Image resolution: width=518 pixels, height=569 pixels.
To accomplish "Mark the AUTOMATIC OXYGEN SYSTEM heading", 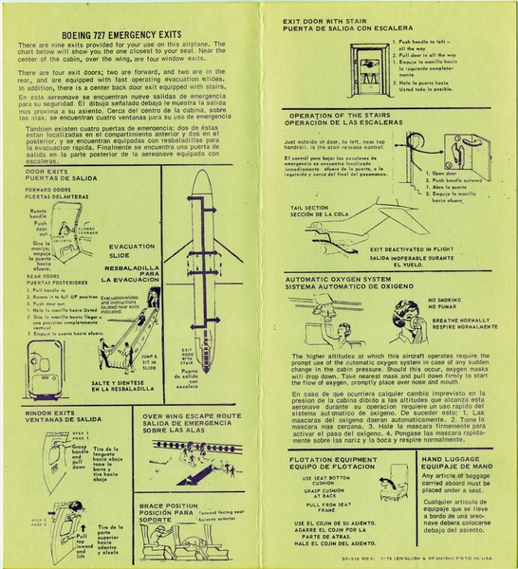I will point(339,280).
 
